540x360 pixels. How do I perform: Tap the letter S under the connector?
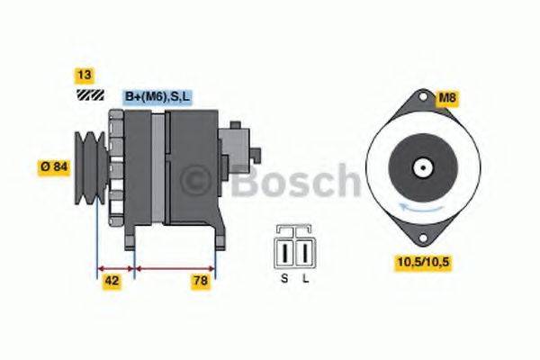tap(283, 279)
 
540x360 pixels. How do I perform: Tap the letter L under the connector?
tap(306, 279)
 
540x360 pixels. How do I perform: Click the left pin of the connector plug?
tap(285, 249)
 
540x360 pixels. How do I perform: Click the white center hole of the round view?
tap(419, 167)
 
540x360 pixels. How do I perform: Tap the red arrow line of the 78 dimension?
tap(175, 268)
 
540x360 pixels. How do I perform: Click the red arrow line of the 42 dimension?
tap(114, 268)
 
